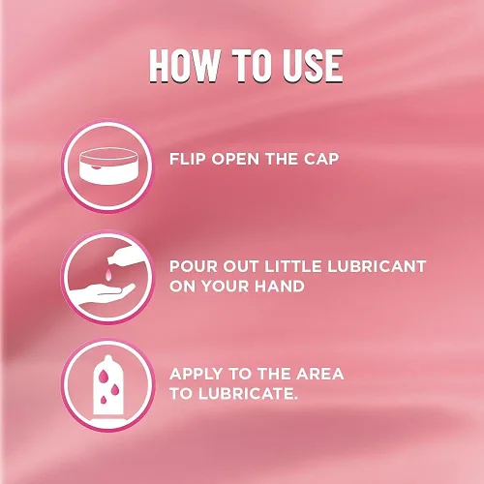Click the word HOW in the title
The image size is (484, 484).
[x=184, y=66]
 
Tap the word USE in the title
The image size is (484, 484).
[x=313, y=66]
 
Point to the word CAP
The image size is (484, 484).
[x=321, y=159]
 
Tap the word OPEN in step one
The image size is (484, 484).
[x=235, y=159]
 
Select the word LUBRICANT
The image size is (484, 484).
[x=377, y=266]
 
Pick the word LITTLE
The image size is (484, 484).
[x=293, y=266]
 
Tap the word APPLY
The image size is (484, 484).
[x=197, y=374]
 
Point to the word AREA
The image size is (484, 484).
[x=320, y=374]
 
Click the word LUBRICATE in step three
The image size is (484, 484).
[x=248, y=394]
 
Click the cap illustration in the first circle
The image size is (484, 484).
[x=108, y=166]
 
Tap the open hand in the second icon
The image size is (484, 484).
[x=103, y=294]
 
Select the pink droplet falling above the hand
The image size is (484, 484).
[x=108, y=274]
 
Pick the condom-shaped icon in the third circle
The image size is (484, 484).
[x=108, y=385]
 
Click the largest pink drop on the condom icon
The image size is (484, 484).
[x=104, y=377]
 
